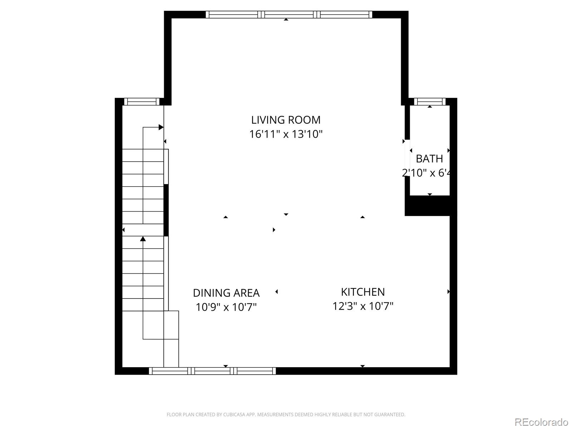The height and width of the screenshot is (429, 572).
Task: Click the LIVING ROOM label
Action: [286, 120]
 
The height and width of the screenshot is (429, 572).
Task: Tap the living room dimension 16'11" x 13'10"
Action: [286, 134]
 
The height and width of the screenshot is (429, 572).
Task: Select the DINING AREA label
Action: [226, 293]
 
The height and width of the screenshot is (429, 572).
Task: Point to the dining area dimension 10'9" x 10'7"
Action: [226, 307]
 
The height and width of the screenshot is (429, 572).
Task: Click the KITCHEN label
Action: [363, 292]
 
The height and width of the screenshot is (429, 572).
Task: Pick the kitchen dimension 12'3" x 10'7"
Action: [363, 306]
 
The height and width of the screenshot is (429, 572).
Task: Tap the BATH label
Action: [429, 158]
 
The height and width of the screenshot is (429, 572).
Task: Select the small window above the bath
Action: [430, 102]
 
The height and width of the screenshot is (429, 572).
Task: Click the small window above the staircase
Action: [142, 102]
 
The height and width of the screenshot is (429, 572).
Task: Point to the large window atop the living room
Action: [289, 15]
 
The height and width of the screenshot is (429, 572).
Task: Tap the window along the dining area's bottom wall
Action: [212, 371]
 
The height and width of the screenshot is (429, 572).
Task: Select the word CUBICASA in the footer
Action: [235, 415]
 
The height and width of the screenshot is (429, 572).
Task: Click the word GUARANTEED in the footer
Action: [389, 415]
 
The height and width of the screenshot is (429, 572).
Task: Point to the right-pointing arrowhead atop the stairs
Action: [161, 127]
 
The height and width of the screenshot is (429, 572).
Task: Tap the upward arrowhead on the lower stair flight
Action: [143, 238]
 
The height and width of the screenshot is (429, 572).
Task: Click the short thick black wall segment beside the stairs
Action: [166, 210]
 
